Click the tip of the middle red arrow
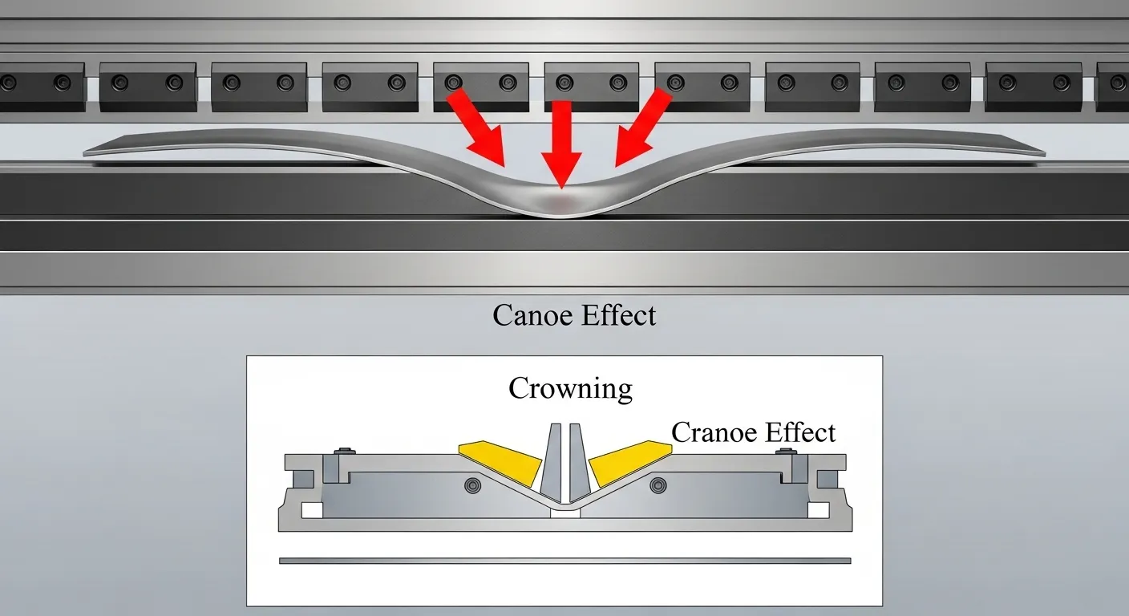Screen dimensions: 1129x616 (561, 188)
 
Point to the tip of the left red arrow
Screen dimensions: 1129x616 (504, 166)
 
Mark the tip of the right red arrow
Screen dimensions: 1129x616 (615, 166)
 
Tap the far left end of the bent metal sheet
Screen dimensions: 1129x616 (83, 152)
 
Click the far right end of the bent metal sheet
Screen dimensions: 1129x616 (1046, 153)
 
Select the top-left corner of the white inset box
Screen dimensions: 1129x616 (246, 356)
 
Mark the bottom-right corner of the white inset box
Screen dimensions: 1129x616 (883, 606)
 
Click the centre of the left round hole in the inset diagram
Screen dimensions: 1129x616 (472, 485)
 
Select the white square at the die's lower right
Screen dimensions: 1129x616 (819, 510)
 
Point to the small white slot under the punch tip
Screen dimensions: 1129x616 (565, 513)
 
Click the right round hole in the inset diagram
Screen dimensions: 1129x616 (658, 485)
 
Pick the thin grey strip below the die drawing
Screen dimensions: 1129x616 (565, 561)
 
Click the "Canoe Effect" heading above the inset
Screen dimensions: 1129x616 (574, 315)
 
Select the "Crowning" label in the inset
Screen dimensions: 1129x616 (570, 389)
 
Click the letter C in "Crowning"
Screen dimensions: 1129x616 (519, 388)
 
